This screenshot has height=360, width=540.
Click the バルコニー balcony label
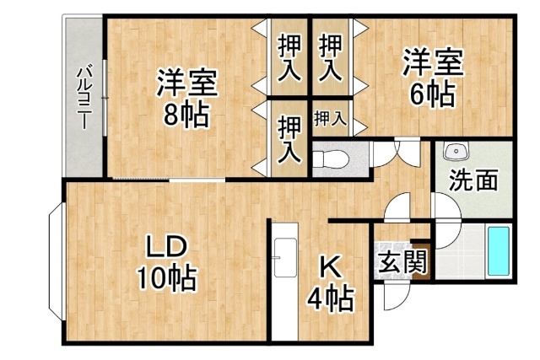[x=84, y=95]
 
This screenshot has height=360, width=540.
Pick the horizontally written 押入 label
[x=330, y=119]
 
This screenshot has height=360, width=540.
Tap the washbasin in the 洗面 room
[x=456, y=152]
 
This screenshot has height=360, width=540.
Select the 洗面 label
[x=472, y=181]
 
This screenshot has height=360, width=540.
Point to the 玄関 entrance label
[x=401, y=261]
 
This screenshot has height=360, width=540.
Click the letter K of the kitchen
[x=329, y=268]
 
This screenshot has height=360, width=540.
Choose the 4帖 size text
[x=330, y=297]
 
